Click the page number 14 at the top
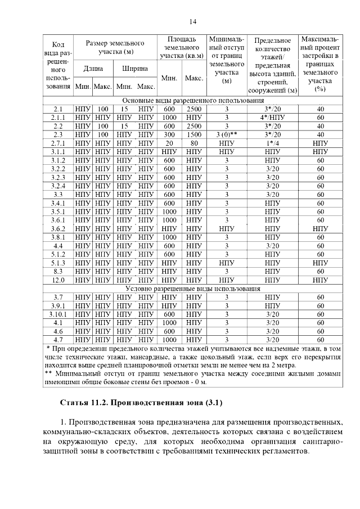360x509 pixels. pyautogui.click(x=192, y=22)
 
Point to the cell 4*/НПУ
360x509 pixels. pyautogui.click(x=272, y=118)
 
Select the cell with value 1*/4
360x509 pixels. pyautogui.click(x=272, y=143)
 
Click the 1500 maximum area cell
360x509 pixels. pyautogui.click(x=194, y=135)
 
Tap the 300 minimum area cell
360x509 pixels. pyautogui.click(x=169, y=135)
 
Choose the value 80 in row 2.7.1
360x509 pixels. pyautogui.click(x=194, y=143)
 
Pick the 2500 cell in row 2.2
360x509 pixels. pyautogui.click(x=194, y=126)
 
